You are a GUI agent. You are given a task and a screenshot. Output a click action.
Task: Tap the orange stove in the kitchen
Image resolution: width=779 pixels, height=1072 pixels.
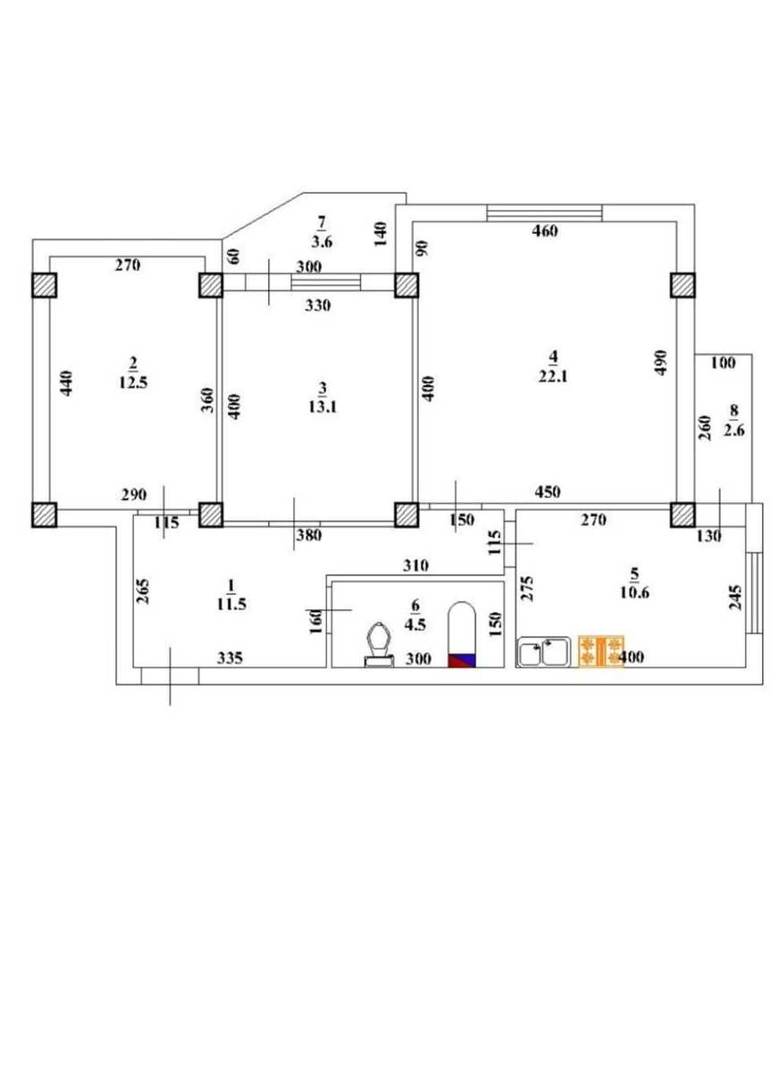[x=600, y=651]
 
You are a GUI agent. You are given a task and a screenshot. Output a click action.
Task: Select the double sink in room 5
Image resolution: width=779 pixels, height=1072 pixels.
[x=544, y=652]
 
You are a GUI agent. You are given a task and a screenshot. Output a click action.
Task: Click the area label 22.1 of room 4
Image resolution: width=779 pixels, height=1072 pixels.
[x=554, y=377]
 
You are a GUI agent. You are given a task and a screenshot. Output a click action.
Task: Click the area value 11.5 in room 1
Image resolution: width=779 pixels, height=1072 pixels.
[x=230, y=604]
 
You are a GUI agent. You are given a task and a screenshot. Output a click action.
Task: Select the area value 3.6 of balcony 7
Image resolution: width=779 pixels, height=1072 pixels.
[x=322, y=240]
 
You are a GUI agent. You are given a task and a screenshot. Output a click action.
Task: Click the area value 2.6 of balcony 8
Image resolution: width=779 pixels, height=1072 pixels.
[x=734, y=429]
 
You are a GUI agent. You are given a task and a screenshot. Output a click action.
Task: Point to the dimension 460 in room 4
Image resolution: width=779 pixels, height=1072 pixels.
[x=544, y=231]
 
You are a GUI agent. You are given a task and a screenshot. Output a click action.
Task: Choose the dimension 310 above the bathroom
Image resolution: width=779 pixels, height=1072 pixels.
[x=416, y=565]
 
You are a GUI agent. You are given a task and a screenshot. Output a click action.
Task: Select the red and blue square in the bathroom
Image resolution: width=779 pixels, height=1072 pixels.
[x=462, y=660]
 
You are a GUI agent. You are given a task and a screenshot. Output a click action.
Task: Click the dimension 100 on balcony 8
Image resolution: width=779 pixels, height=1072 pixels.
[x=724, y=363]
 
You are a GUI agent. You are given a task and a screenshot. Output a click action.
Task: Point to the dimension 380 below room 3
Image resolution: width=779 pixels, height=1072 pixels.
[x=309, y=536]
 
